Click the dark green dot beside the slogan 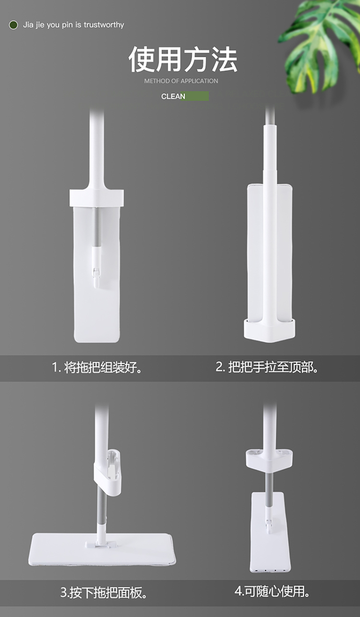coord(13,25)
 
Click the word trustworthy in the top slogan coord(104,25)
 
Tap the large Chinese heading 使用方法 coord(183,59)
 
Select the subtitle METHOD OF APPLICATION coord(181,81)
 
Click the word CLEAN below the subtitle coord(173,97)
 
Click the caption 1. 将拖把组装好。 coord(97,367)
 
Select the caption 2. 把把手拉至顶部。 coord(266,367)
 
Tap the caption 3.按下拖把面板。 coord(104,593)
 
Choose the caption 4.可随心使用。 coord(272,591)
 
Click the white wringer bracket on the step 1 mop coord(96,197)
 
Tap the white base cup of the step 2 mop coord(269,330)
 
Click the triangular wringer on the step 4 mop coord(269,459)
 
